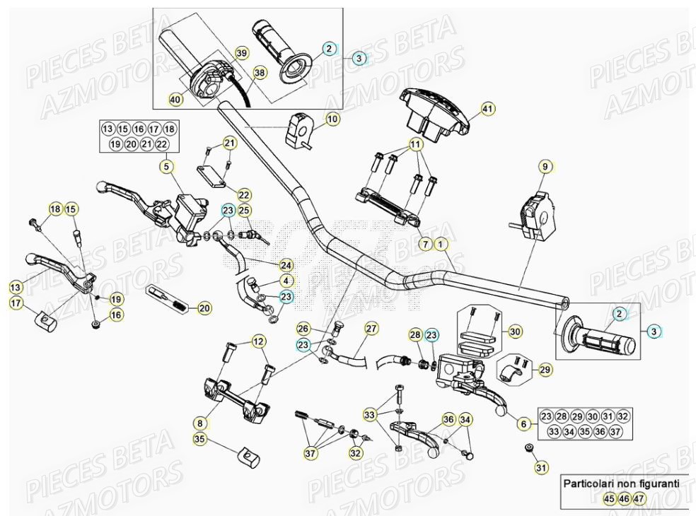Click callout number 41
pyautogui.click(x=487, y=109)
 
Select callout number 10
pyautogui.click(x=332, y=119)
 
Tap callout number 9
pyautogui.click(x=544, y=168)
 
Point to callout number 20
pyautogui.click(x=204, y=307)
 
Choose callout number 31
pyautogui.click(x=541, y=467)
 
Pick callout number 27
pyautogui.click(x=371, y=328)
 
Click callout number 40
pyautogui.click(x=175, y=100)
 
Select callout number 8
pyautogui.click(x=200, y=423)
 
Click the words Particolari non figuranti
pyautogui.click(x=621, y=484)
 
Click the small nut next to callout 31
pyautogui.click(x=528, y=447)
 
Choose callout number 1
pyautogui.click(x=441, y=244)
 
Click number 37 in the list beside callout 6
pyautogui.click(x=616, y=431)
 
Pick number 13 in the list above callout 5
pyautogui.click(x=108, y=129)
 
